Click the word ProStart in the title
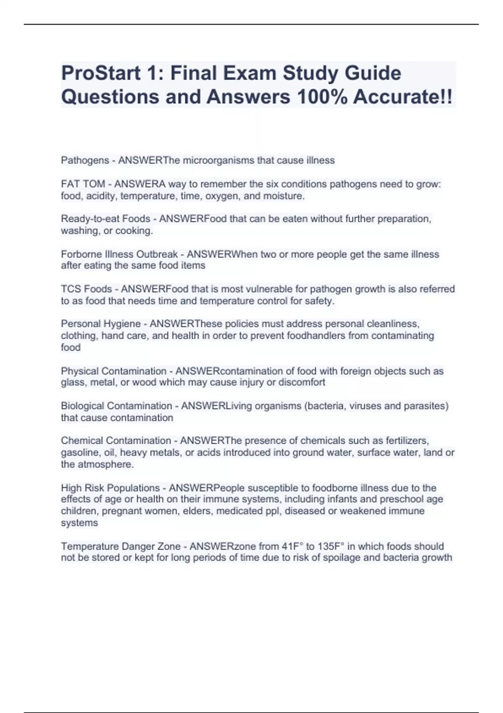click(101, 73)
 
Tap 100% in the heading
click(321, 97)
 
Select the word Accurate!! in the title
click(402, 97)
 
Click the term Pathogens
click(85, 160)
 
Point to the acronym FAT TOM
click(83, 184)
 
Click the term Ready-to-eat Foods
click(106, 219)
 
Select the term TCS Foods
click(86, 289)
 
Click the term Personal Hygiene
click(101, 324)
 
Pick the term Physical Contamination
click(114, 371)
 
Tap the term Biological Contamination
click(117, 406)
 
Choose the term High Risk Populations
click(110, 488)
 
